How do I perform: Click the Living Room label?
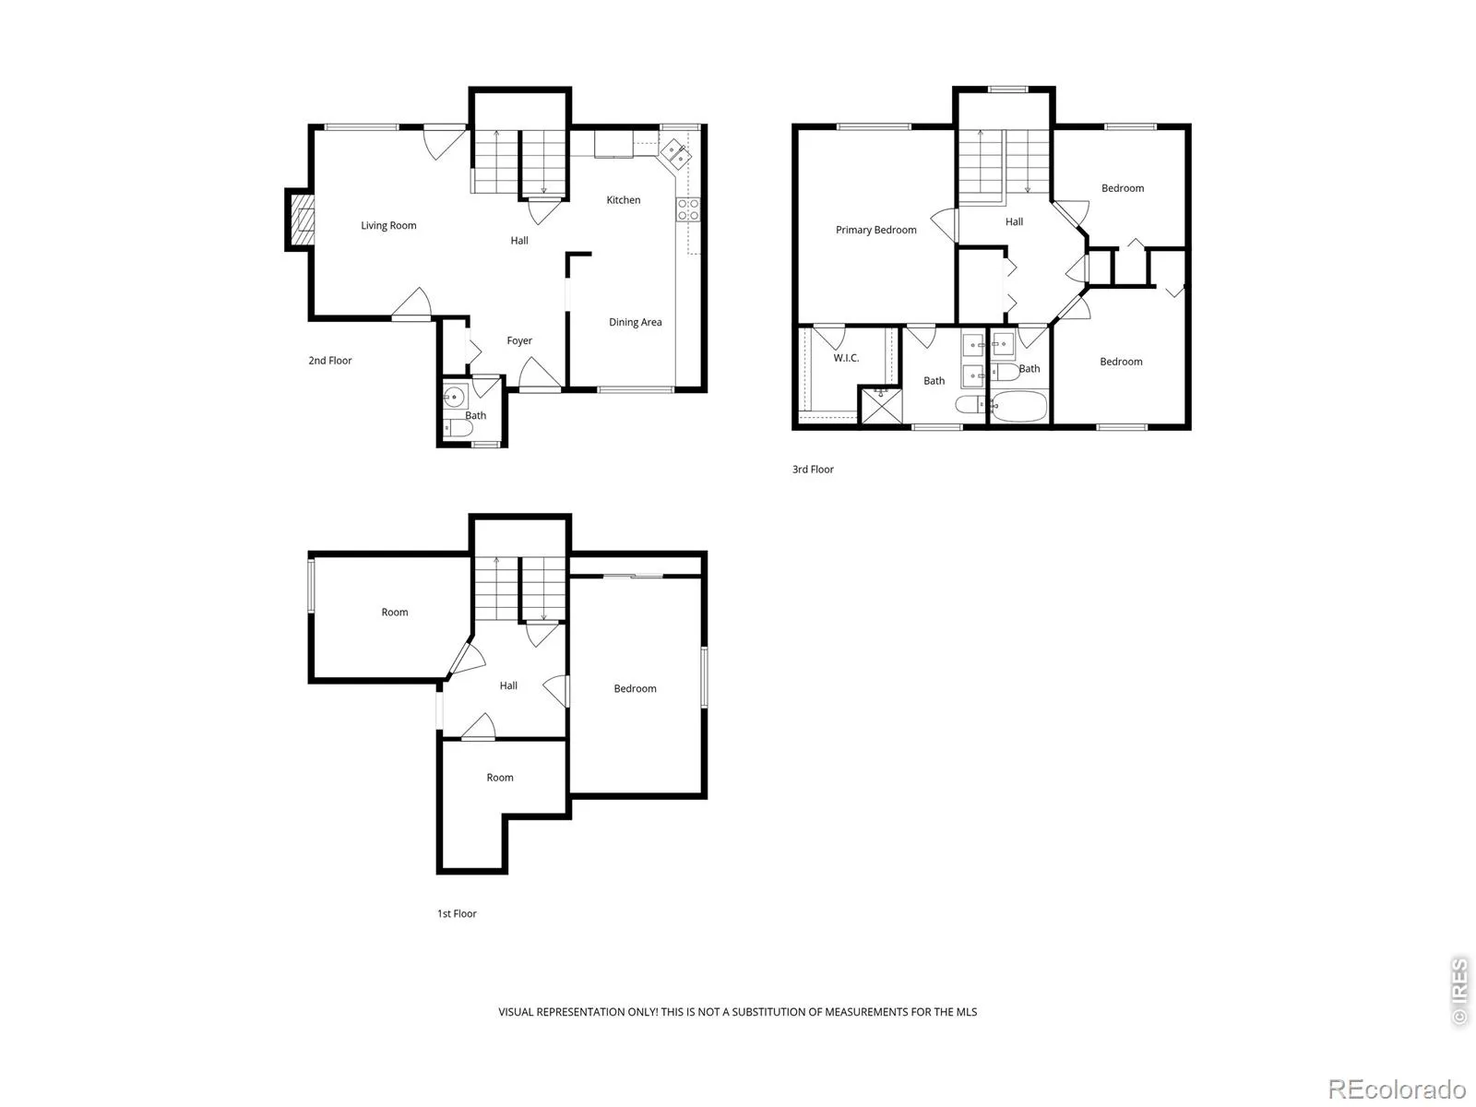(x=388, y=225)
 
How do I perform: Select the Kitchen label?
(x=623, y=199)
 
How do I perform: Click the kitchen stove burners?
(x=687, y=209)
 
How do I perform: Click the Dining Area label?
(x=635, y=322)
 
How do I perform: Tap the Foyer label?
(x=519, y=340)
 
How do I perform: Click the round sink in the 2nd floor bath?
(x=455, y=397)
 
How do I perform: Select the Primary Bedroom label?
(x=875, y=230)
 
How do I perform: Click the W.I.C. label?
(x=846, y=358)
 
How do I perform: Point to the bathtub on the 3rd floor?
(x=1018, y=406)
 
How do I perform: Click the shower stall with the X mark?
(x=881, y=405)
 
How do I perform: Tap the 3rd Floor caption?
(x=813, y=470)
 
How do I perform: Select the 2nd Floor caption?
(x=329, y=361)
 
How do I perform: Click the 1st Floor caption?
(x=457, y=913)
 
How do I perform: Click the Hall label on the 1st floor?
(x=508, y=685)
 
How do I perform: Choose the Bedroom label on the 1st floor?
(x=635, y=688)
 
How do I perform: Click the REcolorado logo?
(x=1397, y=1089)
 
